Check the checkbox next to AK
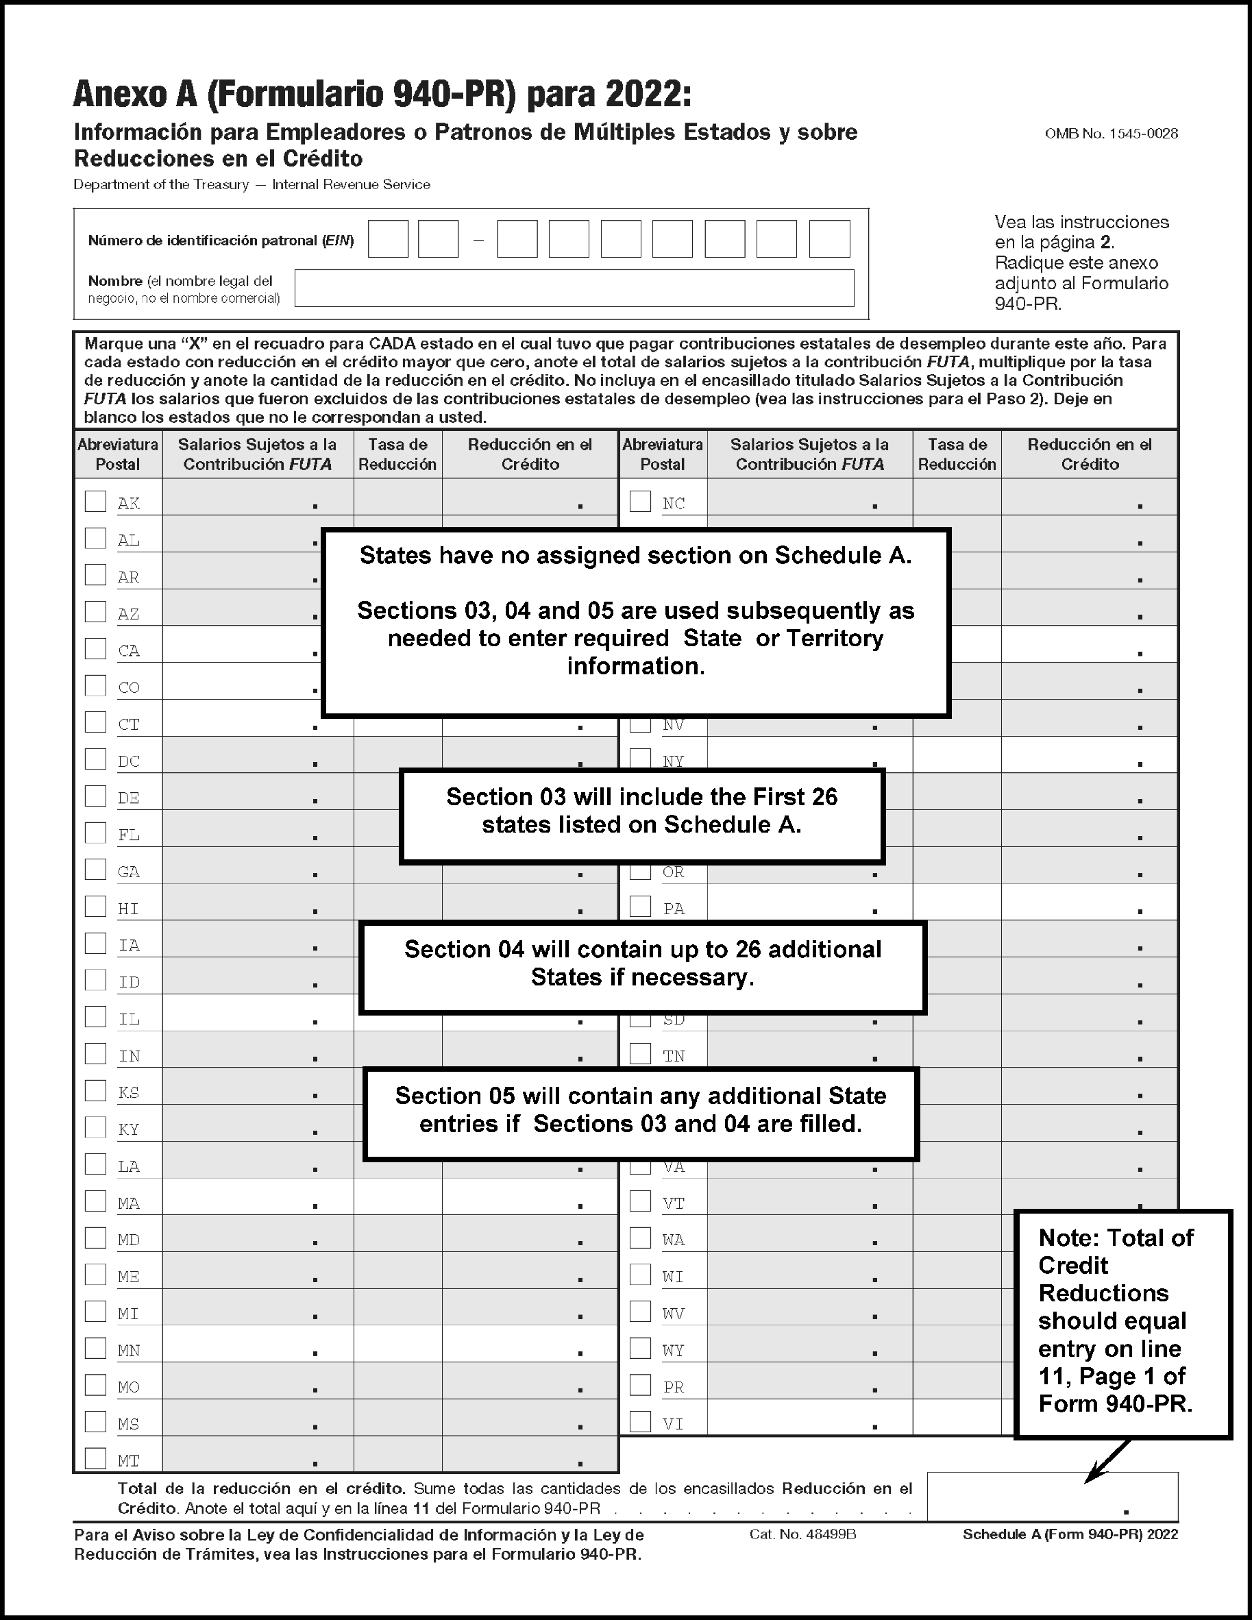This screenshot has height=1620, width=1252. tap(95, 502)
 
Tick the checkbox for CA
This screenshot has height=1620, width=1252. tap(95, 648)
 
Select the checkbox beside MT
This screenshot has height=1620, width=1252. tap(95, 1458)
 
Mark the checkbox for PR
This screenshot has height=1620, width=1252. tap(640, 1385)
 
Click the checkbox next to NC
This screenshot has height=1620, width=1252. tap(640, 502)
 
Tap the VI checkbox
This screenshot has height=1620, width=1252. tap(640, 1421)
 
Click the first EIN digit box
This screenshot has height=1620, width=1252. tap(388, 239)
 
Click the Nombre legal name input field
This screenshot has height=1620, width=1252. tap(574, 288)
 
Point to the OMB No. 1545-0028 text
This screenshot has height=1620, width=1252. tap(1111, 134)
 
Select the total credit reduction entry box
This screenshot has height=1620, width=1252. tap(1052, 1496)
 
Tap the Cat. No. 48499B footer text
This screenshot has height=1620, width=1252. tap(802, 1534)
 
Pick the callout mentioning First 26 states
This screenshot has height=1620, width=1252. tap(641, 816)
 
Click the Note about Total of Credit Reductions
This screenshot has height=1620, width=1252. tap(1122, 1324)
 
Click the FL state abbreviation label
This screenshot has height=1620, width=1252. tap(129, 835)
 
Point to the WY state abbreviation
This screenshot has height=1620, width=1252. tap(674, 1350)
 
